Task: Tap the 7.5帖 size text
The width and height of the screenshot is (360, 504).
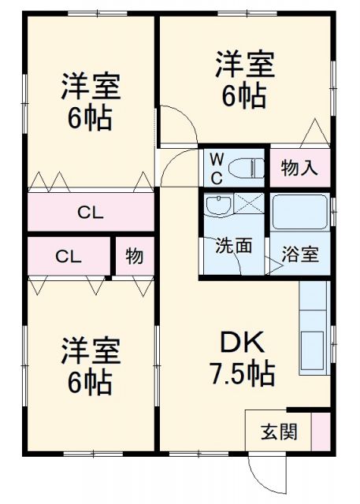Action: [242, 372]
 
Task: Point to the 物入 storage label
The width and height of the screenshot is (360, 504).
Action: [299, 168]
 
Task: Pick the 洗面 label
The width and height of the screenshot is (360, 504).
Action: [234, 246]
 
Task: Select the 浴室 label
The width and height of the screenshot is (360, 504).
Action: [300, 255]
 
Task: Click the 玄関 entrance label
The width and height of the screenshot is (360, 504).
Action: [279, 432]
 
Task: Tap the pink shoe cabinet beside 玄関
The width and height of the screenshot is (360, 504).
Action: [321, 432]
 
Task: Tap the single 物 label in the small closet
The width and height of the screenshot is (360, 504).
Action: [134, 257]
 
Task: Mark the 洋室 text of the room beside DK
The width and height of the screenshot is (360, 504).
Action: [91, 350]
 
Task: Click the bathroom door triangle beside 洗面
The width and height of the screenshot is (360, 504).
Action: [273, 267]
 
